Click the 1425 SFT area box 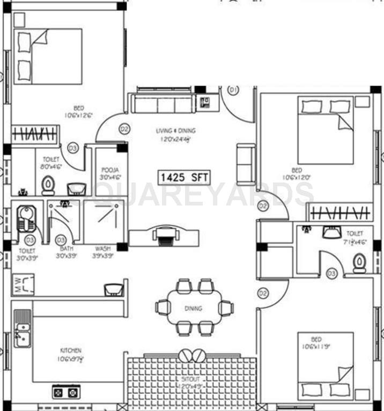pos(183,177)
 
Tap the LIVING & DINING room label pos(175,131)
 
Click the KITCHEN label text pos(71,351)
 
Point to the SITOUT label pos(191,379)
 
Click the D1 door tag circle pos(233,90)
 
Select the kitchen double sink pos(22,328)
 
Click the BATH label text pos(65,249)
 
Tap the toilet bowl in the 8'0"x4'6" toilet pos(48,185)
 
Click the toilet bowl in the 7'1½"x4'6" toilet pos(359,262)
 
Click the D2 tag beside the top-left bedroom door pos(124,129)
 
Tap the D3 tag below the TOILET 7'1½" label pos(331,273)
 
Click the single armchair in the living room pos(246,164)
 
